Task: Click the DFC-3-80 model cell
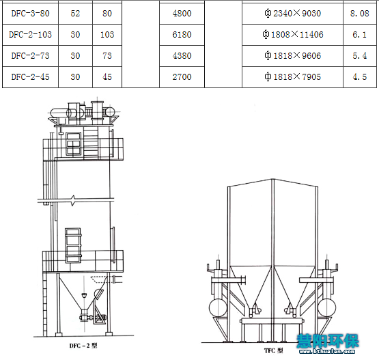pyautogui.click(x=30, y=13)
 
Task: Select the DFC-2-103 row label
pyautogui.click(x=30, y=35)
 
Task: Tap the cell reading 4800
pyautogui.click(x=182, y=13)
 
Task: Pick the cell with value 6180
pyautogui.click(x=182, y=35)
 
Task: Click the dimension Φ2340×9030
pyautogui.click(x=292, y=13)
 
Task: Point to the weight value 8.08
pyautogui.click(x=360, y=13)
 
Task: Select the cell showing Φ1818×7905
pyautogui.click(x=292, y=77)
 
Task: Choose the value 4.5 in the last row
pyautogui.click(x=360, y=77)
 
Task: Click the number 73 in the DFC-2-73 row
pyautogui.click(x=107, y=56)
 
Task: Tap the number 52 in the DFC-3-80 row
pyautogui.click(x=75, y=13)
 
